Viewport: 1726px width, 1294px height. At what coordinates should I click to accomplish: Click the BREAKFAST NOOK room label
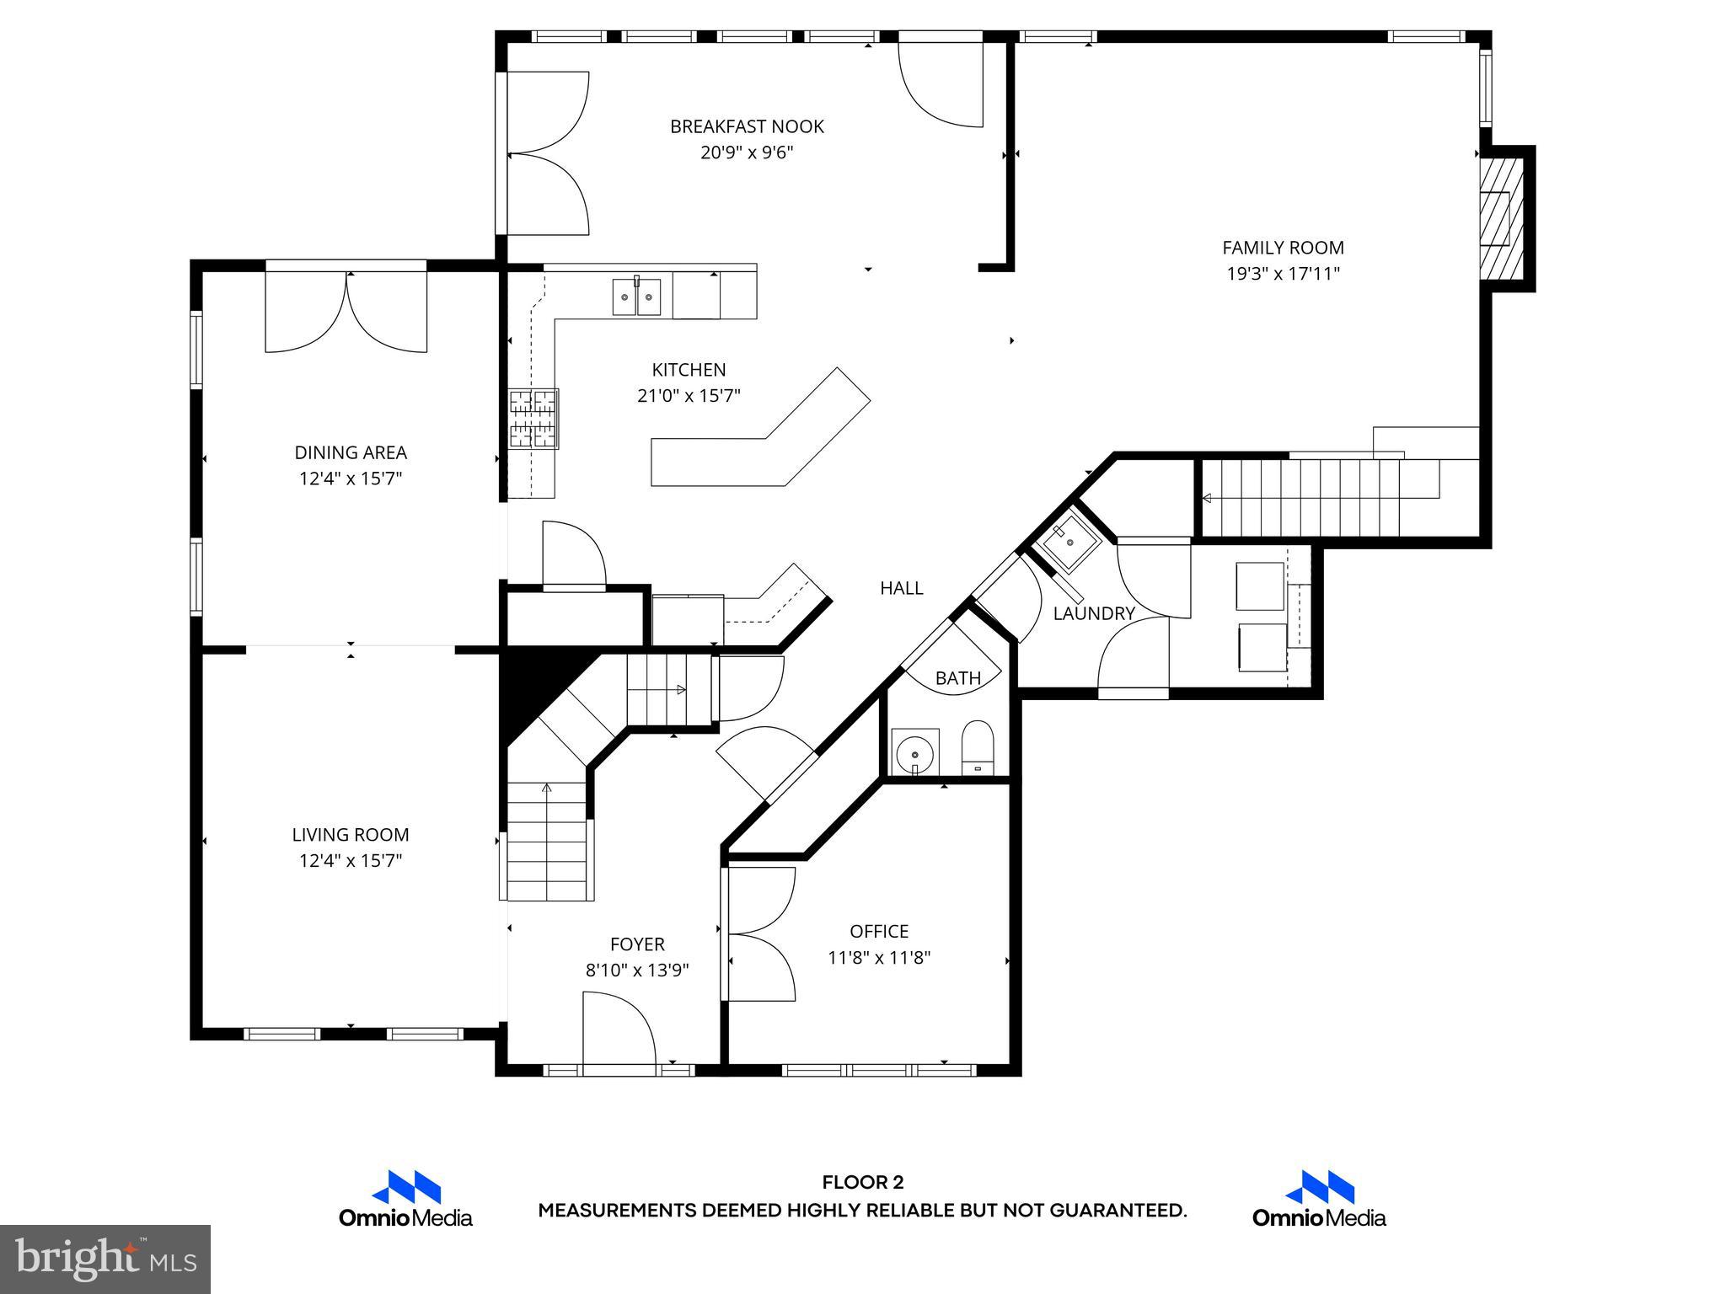click(x=747, y=126)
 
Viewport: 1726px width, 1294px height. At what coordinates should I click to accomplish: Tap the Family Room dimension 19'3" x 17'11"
click(x=1283, y=274)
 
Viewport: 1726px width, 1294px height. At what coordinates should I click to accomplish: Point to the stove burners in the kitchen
click(x=533, y=418)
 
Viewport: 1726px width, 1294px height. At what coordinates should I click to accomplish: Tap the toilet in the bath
click(x=978, y=746)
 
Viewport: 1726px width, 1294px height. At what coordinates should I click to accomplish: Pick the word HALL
click(x=901, y=588)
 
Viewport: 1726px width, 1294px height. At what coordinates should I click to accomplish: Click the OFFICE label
click(x=879, y=931)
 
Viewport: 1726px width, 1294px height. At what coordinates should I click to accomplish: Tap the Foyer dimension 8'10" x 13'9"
click(x=637, y=970)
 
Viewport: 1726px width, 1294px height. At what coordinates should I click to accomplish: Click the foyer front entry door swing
click(x=619, y=1032)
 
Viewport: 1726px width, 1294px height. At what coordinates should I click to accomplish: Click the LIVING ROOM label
click(x=351, y=834)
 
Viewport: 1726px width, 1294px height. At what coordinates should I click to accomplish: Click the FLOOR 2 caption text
click(x=862, y=1182)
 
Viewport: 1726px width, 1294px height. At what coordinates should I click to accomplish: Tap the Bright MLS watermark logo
click(x=105, y=1259)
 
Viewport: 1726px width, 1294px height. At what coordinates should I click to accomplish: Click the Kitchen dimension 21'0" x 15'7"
click(x=689, y=395)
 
